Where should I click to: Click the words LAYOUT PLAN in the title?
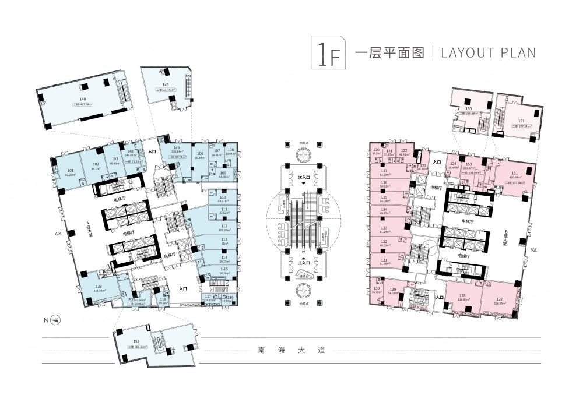tap(489, 52)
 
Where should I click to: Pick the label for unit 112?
tap(224, 224)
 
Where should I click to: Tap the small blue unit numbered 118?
tap(163, 300)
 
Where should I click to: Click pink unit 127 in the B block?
tap(500, 299)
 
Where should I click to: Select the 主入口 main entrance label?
tap(304, 262)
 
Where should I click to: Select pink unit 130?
tap(377, 290)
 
